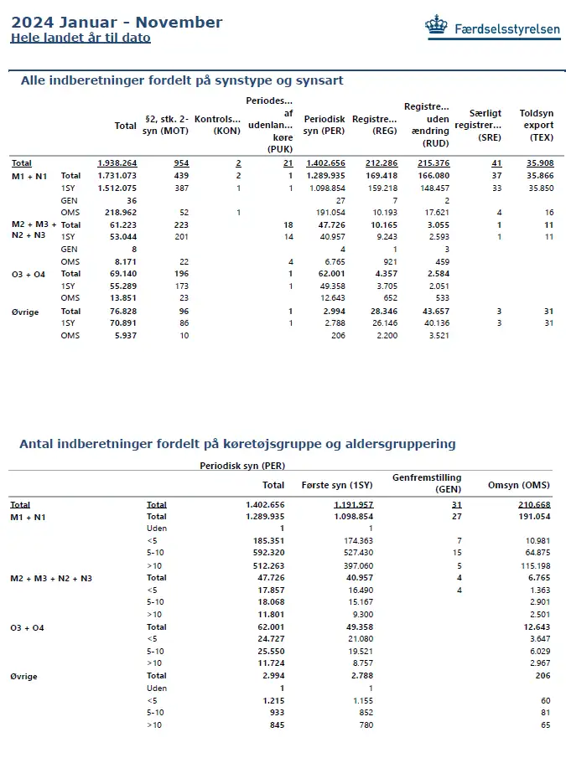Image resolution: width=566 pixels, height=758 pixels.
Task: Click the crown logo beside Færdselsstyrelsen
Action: [x=436, y=27]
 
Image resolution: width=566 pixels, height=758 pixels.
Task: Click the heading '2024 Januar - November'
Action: [x=117, y=23]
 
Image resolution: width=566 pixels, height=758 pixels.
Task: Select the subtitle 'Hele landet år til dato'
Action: [x=80, y=38]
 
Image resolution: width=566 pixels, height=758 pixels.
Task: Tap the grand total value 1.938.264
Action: [x=117, y=163]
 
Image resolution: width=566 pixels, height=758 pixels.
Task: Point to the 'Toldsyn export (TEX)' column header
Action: [x=537, y=126]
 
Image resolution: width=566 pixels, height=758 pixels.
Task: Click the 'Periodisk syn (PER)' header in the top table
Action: [x=324, y=126]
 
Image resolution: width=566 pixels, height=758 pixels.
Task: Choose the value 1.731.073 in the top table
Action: [x=117, y=176]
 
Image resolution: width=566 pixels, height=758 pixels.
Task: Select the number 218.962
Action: [x=119, y=213]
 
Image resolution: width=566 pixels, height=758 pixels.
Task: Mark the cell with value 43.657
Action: [x=433, y=312]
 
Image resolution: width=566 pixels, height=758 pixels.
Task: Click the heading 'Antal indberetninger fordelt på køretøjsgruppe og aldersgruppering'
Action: [x=237, y=444]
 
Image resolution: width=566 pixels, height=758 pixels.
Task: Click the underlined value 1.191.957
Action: [x=353, y=505]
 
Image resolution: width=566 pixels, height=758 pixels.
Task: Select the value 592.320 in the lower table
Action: [x=267, y=553]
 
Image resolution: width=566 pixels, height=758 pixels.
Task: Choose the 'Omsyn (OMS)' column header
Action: [x=518, y=485]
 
